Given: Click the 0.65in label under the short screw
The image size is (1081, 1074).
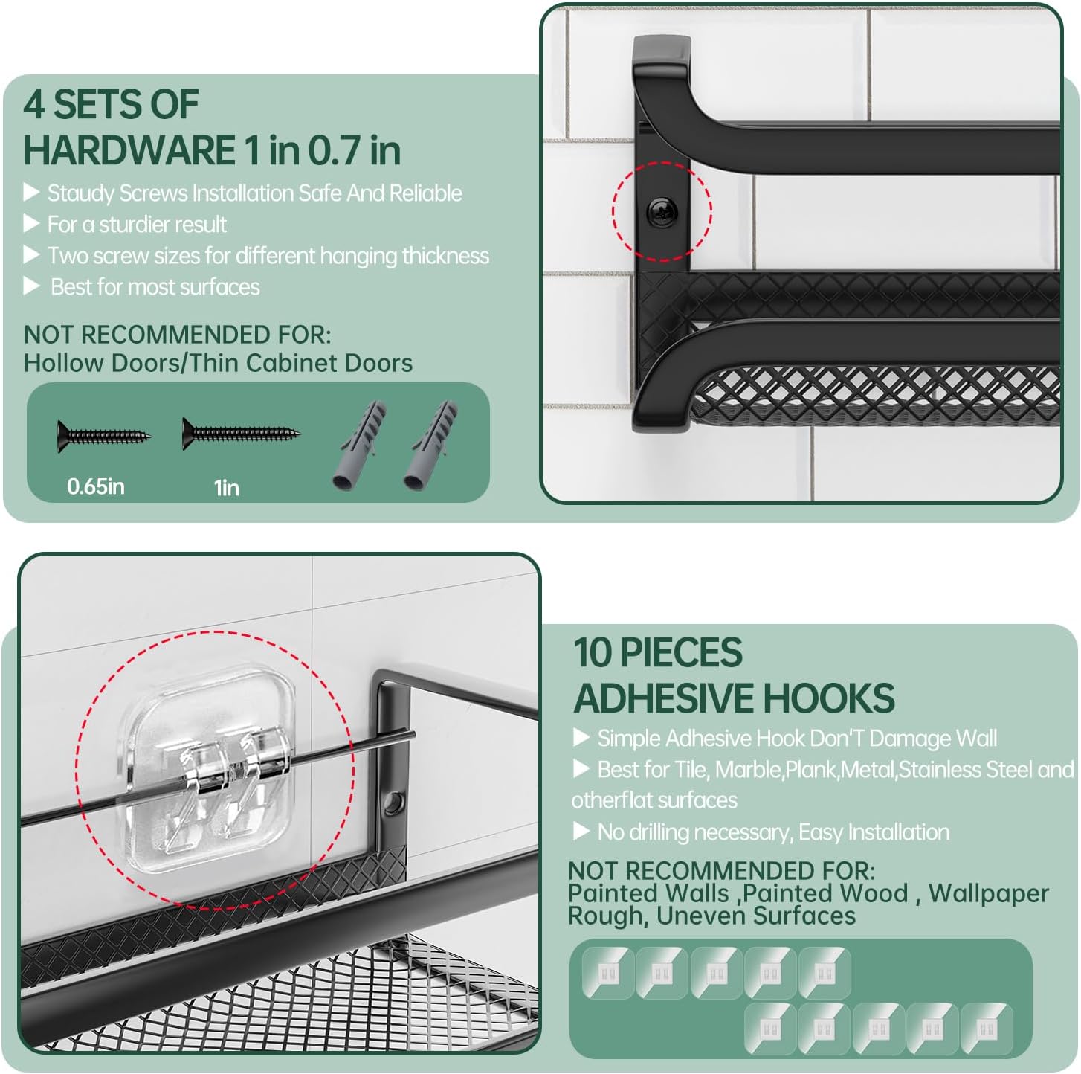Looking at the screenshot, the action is (x=95, y=486).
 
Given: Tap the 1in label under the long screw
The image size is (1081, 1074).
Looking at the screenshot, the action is (x=227, y=488).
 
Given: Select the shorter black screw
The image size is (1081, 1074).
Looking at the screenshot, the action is (x=104, y=437).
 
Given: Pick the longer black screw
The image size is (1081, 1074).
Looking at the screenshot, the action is (x=241, y=434).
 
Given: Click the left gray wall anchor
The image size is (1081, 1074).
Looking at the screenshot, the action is (x=359, y=445).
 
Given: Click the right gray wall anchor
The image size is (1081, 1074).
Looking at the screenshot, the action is (x=430, y=445).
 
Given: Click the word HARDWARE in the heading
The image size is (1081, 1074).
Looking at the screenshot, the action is (x=129, y=150).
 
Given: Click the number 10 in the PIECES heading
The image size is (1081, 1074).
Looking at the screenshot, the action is (x=593, y=652).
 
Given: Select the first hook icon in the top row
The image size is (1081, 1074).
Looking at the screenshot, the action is (x=607, y=974).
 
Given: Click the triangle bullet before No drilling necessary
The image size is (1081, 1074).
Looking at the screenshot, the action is (x=581, y=832).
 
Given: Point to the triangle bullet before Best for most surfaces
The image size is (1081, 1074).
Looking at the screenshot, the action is (x=30, y=287).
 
